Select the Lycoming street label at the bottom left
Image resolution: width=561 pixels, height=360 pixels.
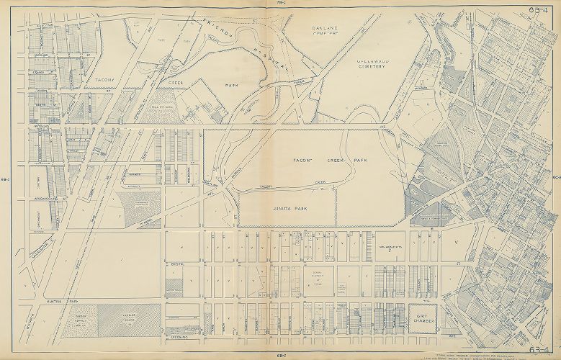[x=179, y=336]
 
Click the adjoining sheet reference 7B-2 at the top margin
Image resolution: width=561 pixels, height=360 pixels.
[x=281, y=4]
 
